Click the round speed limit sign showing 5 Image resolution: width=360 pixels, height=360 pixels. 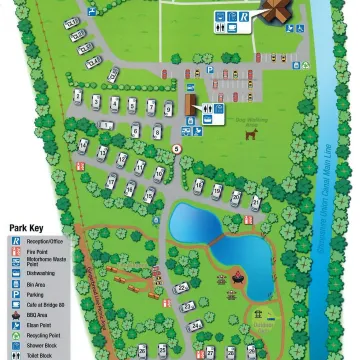(x=177, y=148)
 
